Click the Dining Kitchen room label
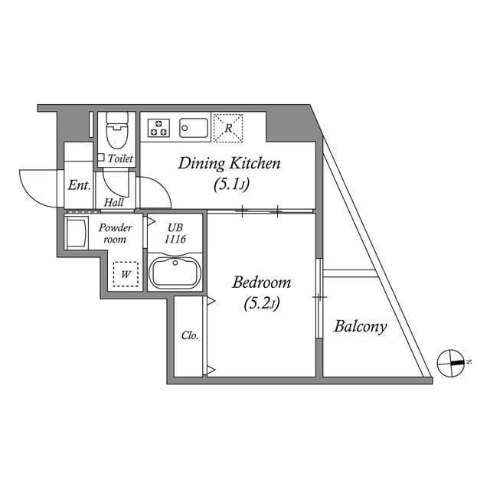coord(230,163)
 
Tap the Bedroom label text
coord(263,282)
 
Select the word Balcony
coord(360,327)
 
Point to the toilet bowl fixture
coord(117,132)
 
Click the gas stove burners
coord(158,126)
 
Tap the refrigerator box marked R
coord(228,128)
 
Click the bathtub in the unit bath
coord(176,273)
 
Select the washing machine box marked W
coord(125,273)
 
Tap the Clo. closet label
coord(190,335)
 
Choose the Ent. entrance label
coord(79,185)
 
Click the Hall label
coord(115,203)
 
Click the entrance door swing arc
coord(34,188)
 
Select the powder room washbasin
coord(77,233)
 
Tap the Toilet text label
coord(120,159)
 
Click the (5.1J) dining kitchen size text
coord(230,185)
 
